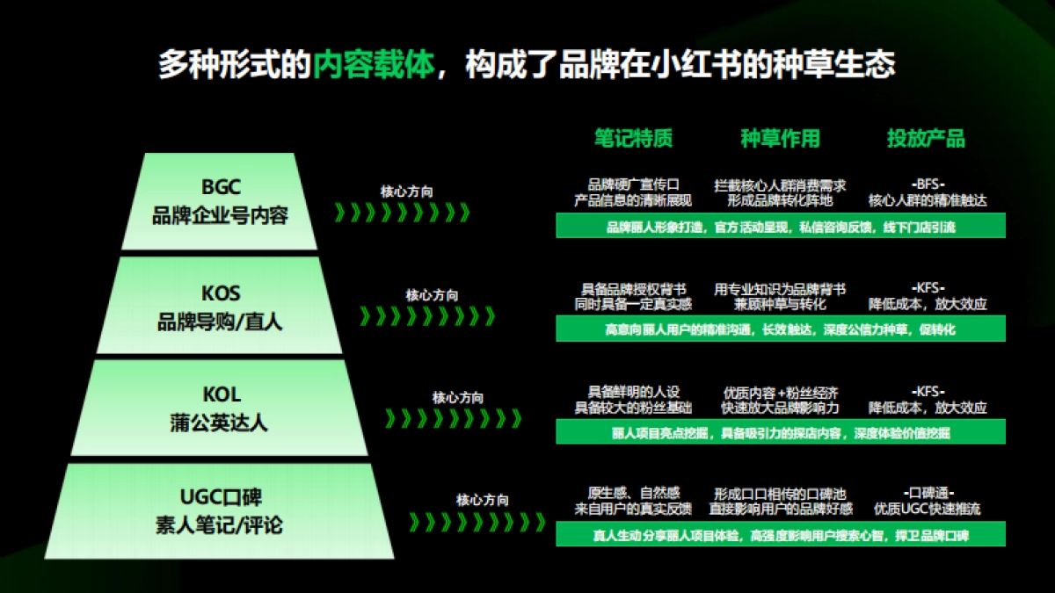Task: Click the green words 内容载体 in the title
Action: pos(374,64)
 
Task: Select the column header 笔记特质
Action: pos(633,138)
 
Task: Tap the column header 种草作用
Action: pos(780,138)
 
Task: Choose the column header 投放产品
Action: pos(926,138)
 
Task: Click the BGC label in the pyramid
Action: pos(220,187)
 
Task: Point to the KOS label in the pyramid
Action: pos(220,293)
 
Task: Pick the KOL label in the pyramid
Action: pos(220,394)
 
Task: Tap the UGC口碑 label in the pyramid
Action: pos(220,497)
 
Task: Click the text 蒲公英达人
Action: pos(220,423)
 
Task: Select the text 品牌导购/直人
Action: pos(220,322)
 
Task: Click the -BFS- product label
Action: pos(928,184)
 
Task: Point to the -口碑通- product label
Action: pos(928,493)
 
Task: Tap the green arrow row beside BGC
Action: pos(403,213)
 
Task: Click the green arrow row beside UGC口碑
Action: pos(475,522)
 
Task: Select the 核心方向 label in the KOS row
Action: pos(432,296)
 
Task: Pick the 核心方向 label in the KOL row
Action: pos(457,398)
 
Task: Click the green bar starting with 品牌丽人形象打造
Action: pos(780,228)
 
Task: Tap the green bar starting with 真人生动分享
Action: pos(780,535)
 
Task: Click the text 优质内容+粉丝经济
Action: pos(780,392)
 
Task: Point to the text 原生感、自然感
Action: pos(633,493)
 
